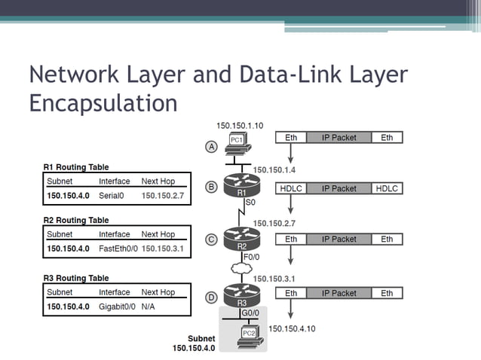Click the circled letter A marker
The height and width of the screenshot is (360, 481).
coord(213,147)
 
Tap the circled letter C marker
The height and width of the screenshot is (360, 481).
coord(213,239)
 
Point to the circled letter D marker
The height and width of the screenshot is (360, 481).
coord(213,297)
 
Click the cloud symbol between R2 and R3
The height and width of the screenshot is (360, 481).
coord(242,267)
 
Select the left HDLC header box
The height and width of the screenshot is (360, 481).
coord(291,188)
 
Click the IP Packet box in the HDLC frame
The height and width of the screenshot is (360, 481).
coord(339,188)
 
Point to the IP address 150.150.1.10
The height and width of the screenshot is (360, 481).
coord(240,125)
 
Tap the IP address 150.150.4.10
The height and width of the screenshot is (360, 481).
coord(293,328)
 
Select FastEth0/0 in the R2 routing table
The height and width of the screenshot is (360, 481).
coord(118,248)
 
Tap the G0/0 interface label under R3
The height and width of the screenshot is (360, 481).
coord(250,312)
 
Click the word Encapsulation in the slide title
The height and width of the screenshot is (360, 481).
coord(103,102)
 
